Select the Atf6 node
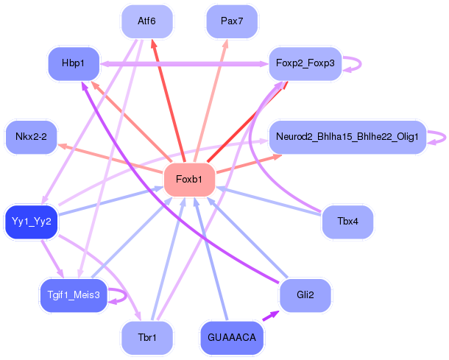(147, 21)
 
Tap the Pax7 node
(231, 21)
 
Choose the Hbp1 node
(73, 63)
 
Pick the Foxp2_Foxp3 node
(305, 63)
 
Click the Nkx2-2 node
(31, 137)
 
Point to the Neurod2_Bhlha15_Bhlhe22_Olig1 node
(347, 137)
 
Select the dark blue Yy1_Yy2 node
(31, 220)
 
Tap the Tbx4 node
(347, 220)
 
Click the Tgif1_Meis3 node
(73, 294)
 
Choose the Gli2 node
(305, 294)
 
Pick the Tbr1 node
(147, 338)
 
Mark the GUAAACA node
(231, 338)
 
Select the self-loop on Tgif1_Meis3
(126, 294)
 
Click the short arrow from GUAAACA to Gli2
(270, 316)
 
